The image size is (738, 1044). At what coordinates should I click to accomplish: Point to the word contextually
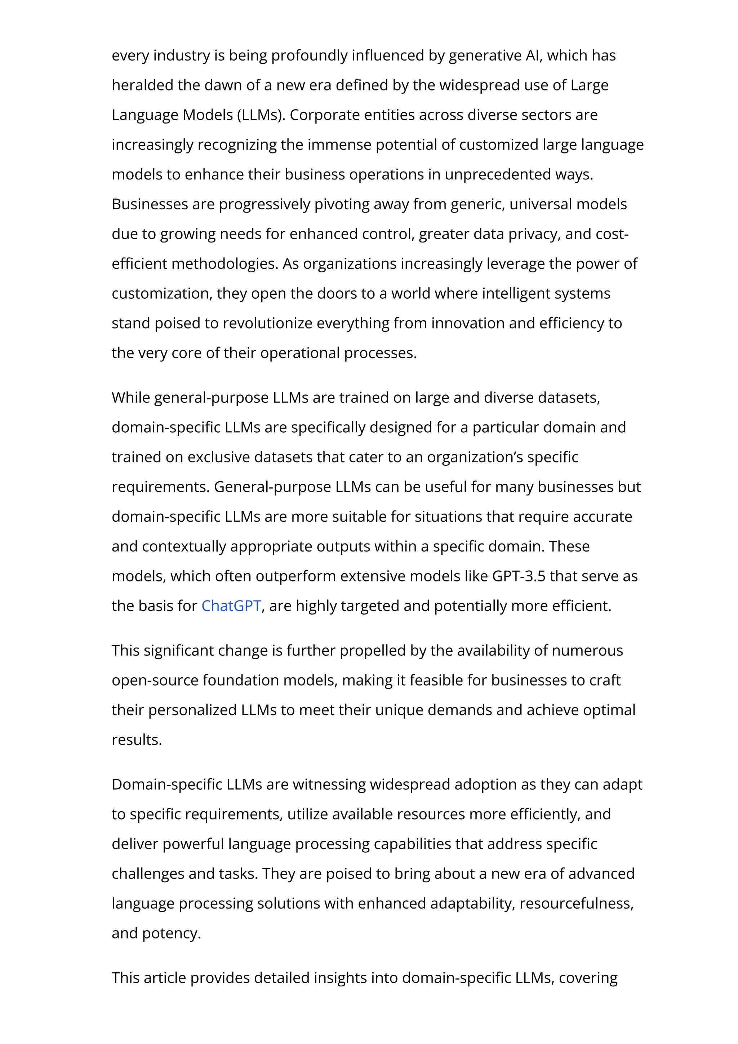tap(184, 546)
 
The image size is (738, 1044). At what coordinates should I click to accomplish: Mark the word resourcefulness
tap(576, 904)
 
